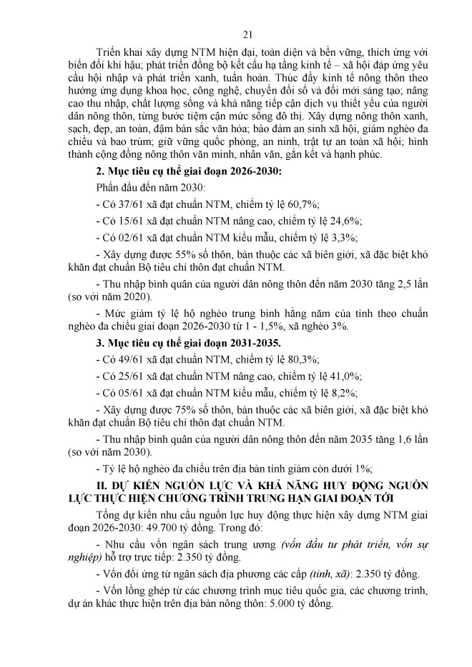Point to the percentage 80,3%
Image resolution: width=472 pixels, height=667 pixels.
click(x=305, y=359)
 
